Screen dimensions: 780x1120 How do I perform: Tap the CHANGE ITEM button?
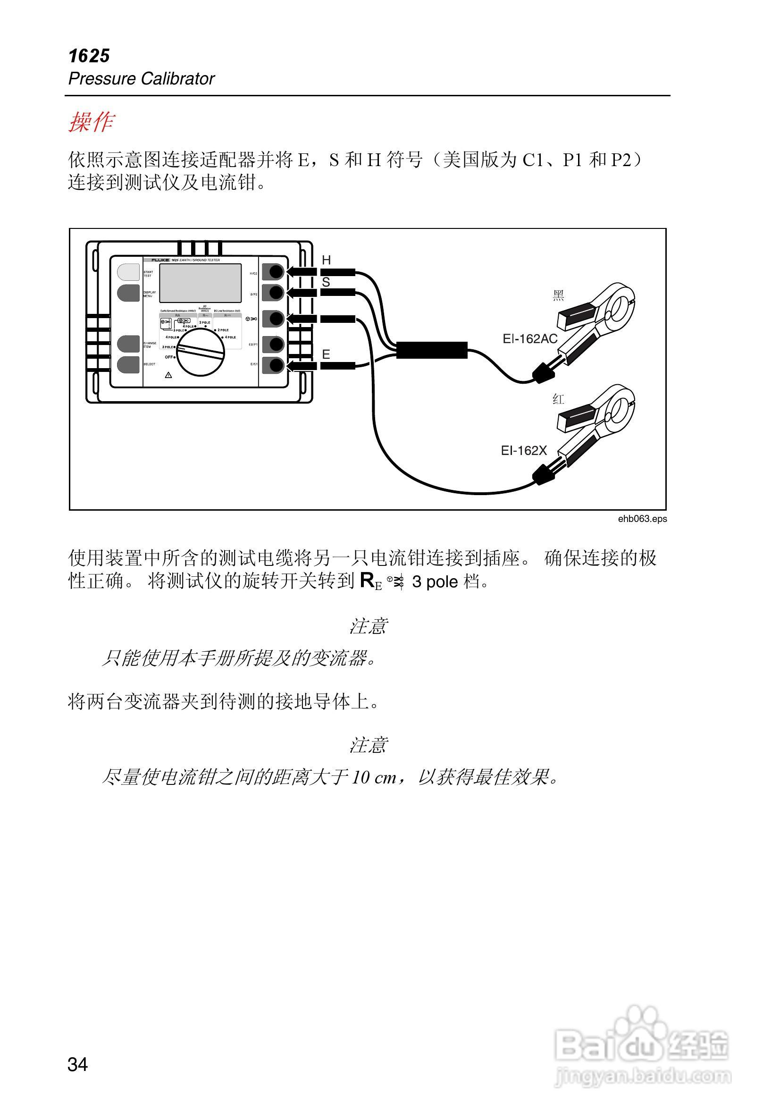(x=128, y=344)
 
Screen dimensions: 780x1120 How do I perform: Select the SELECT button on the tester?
(x=128, y=364)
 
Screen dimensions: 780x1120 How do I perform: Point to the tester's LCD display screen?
(x=201, y=283)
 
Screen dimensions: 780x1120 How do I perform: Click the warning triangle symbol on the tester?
(x=168, y=375)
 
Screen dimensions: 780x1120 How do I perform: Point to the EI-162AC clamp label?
(x=530, y=338)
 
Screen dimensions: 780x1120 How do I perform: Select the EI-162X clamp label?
(x=524, y=450)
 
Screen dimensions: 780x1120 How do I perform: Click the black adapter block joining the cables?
(x=432, y=350)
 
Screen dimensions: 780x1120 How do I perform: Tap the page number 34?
(x=77, y=1064)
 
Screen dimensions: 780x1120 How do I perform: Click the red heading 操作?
(x=91, y=121)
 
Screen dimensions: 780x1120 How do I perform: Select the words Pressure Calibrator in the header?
(x=142, y=78)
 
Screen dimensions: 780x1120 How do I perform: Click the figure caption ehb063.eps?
(x=642, y=519)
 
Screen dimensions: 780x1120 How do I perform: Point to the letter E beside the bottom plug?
(x=326, y=354)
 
